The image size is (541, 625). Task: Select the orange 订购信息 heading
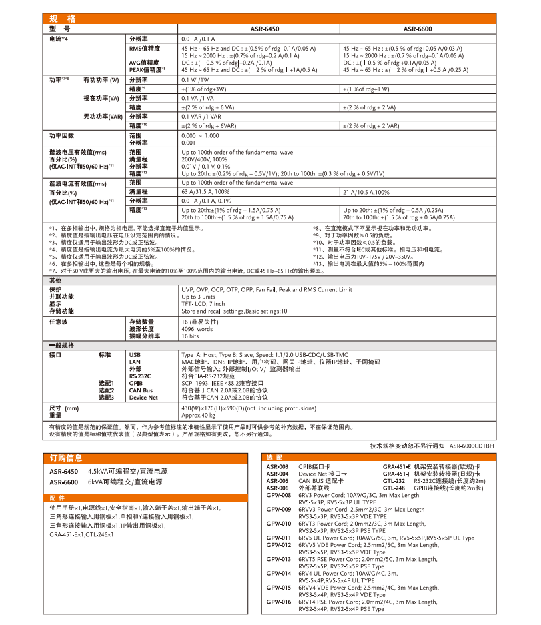[66, 458]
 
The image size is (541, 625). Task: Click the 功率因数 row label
[61, 135]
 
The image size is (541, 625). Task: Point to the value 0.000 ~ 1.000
[200, 135]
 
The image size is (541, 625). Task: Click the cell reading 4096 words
[197, 329]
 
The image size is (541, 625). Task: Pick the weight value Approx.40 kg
[199, 415]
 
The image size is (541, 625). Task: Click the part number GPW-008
[279, 496]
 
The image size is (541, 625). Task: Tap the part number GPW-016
[279, 602]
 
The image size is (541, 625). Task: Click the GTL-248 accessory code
[394, 488]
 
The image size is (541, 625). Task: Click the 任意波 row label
[60, 322]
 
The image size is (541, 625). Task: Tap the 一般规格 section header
[64, 346]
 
